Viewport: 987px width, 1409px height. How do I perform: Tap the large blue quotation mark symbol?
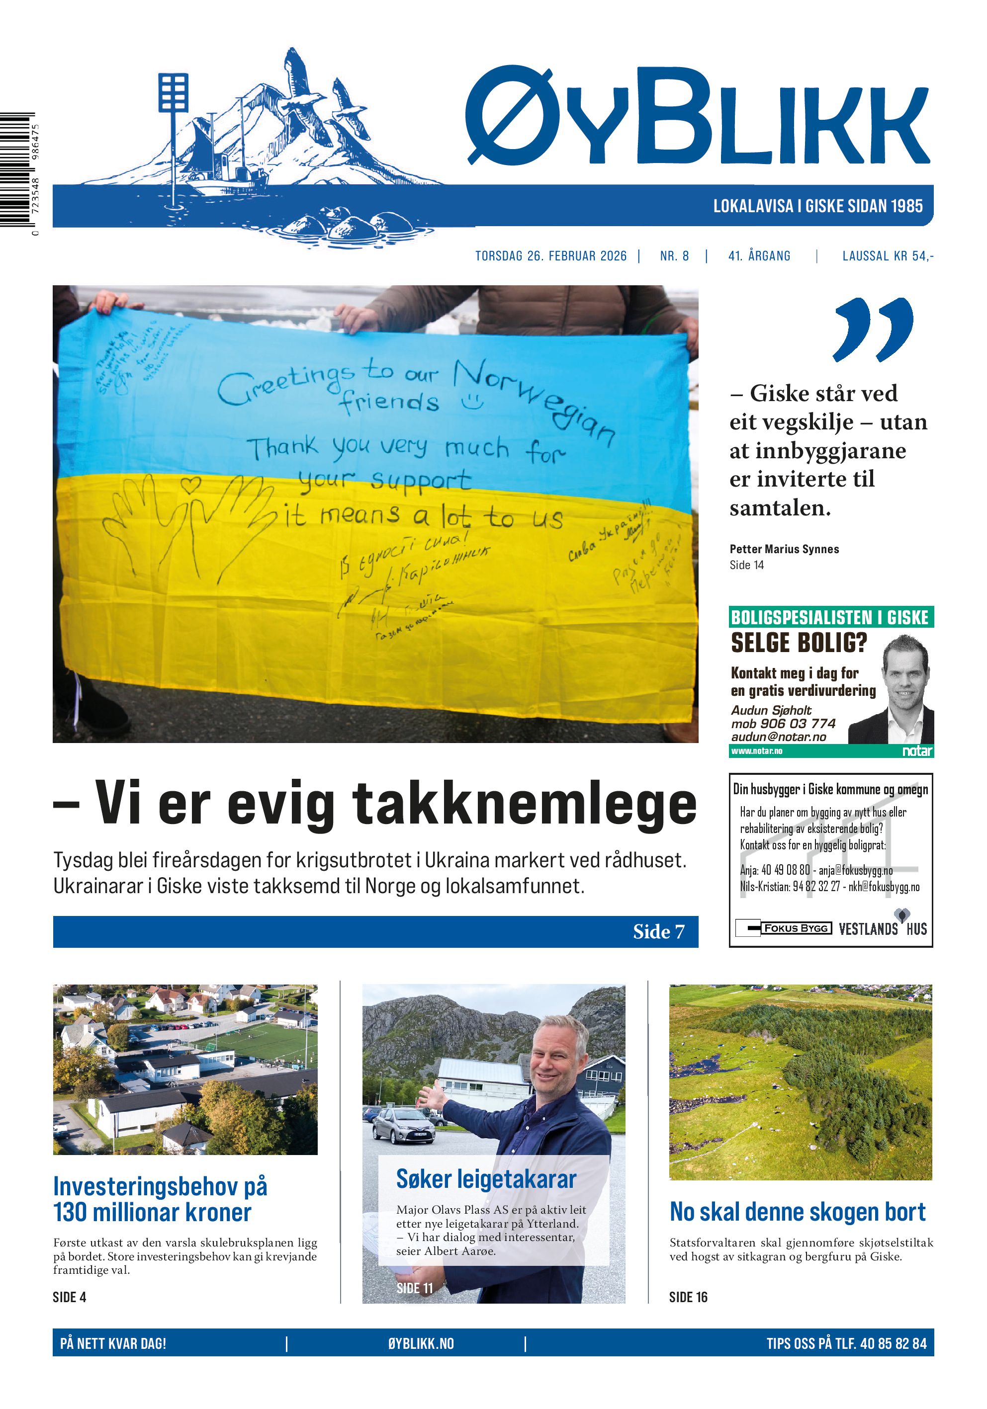[872, 330]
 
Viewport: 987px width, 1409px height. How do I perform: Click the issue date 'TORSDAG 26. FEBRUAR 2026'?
[550, 256]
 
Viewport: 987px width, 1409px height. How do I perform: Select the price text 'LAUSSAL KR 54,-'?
[888, 256]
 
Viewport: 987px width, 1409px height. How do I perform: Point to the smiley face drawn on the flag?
[472, 402]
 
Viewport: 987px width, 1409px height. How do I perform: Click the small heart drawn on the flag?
[191, 485]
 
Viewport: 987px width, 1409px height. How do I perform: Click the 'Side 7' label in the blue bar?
[658, 931]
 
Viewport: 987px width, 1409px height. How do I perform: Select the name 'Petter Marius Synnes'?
[784, 549]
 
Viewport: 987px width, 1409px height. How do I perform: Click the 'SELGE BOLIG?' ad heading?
[799, 643]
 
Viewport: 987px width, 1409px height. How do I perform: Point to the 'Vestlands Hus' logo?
[883, 928]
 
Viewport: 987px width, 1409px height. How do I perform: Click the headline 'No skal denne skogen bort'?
[798, 1212]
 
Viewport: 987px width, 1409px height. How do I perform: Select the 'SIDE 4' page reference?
[69, 1297]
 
